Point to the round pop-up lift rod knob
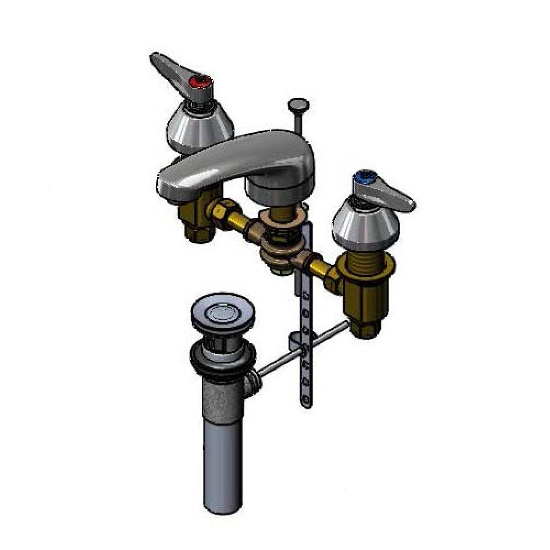(299, 104)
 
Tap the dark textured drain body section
(221, 396)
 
